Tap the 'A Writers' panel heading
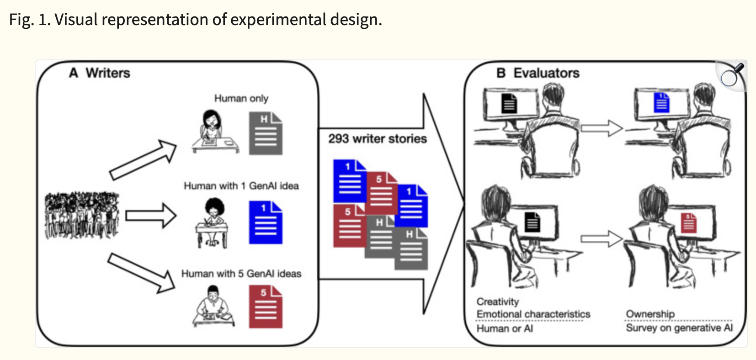(x=100, y=73)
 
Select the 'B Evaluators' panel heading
(x=538, y=73)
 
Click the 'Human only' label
(x=241, y=98)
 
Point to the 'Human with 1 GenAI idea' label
(x=241, y=186)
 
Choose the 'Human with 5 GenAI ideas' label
(x=241, y=274)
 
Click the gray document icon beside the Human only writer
(x=266, y=133)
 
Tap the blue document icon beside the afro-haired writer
(x=266, y=222)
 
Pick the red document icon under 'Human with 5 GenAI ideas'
(x=266, y=307)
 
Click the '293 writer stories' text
(x=377, y=139)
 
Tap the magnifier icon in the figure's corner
(x=731, y=75)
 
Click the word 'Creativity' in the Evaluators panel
(x=498, y=302)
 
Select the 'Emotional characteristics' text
(x=533, y=314)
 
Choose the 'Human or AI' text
(x=505, y=328)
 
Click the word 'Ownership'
(x=650, y=314)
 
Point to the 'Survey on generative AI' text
(x=679, y=328)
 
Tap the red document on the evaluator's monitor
(x=689, y=223)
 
